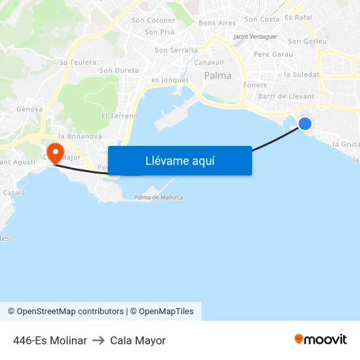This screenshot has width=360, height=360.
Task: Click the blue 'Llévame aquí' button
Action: tap(179, 160)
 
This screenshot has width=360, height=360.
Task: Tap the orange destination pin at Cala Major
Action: tap(56, 153)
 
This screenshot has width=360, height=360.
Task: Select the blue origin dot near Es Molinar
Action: tap(305, 123)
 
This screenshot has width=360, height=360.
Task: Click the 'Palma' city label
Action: tap(217, 76)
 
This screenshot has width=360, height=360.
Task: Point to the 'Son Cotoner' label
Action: tap(153, 20)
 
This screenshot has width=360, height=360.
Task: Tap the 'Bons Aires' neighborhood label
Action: tap(217, 23)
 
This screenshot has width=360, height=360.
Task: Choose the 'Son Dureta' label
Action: tap(119, 70)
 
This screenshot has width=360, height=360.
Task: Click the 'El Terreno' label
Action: tap(119, 116)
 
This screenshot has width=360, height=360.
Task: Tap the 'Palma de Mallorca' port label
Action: tap(158, 197)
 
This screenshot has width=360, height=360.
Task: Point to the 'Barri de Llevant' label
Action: tap(286, 96)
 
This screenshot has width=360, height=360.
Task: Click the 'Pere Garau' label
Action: tap(273, 54)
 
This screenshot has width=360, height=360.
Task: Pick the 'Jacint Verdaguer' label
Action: tap(255, 37)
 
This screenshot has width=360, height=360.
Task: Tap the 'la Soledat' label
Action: tap(302, 75)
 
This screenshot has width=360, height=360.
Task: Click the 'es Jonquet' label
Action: tap(170, 80)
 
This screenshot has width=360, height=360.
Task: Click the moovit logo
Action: tap(320, 340)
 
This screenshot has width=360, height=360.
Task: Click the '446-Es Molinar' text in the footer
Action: tap(50, 340)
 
